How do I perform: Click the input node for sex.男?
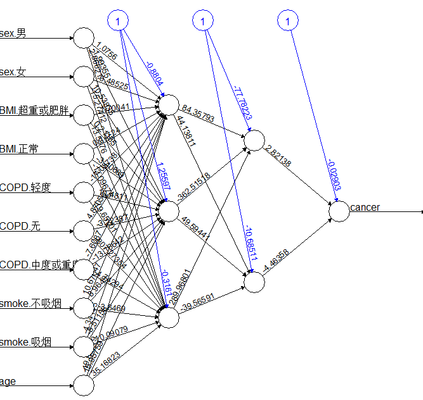point(83,38)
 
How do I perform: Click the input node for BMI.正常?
point(83,153)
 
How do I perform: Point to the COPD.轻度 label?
point(25,187)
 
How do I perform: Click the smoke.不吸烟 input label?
point(30,304)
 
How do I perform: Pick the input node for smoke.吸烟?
point(83,346)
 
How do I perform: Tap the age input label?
point(8,381)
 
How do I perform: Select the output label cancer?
point(365,207)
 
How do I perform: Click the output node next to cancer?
point(339,211)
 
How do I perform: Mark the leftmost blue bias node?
point(118,22)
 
